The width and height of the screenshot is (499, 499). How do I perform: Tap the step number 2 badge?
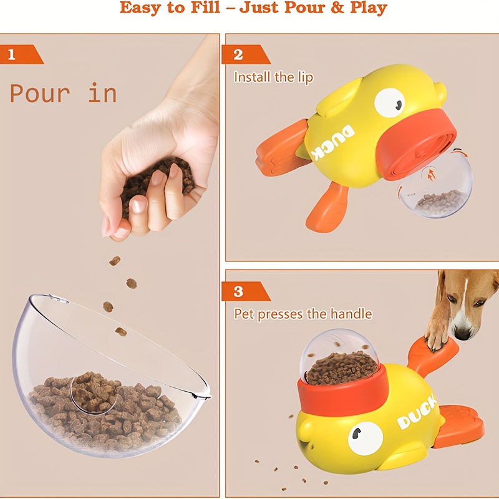point(238,54)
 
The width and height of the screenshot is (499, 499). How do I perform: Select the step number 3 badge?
point(238,291)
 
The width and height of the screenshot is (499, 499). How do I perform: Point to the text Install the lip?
point(273,77)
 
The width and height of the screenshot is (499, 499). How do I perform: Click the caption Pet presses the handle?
point(303,314)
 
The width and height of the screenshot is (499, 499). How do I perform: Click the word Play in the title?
point(366,8)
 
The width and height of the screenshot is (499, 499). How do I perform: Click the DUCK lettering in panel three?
point(417,416)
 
